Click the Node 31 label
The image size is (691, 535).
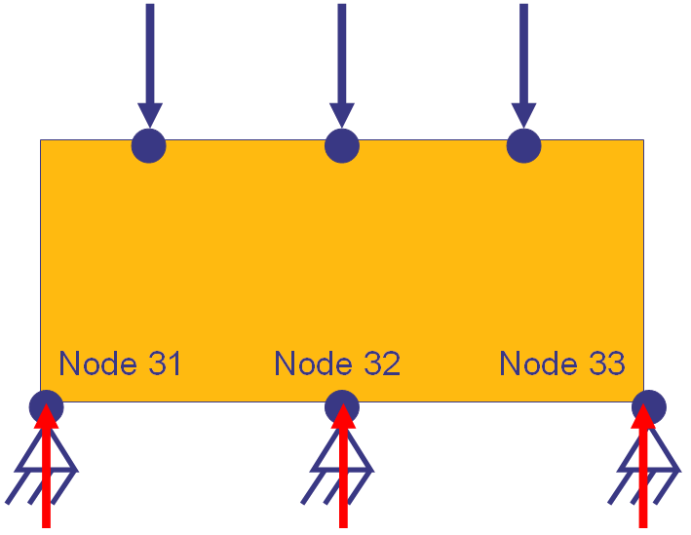click(x=120, y=363)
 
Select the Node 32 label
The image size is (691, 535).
click(x=337, y=363)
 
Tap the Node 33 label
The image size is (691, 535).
click(x=562, y=363)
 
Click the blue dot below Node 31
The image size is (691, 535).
click(x=46, y=405)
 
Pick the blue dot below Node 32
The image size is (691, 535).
click(x=341, y=405)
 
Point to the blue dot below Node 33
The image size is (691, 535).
click(x=648, y=405)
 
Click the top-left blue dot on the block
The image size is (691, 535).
click(x=148, y=145)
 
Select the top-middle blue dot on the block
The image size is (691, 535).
click(x=341, y=145)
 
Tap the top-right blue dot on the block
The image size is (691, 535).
click(x=524, y=145)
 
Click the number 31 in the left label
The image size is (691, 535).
click(x=165, y=363)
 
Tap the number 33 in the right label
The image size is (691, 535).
click(x=607, y=363)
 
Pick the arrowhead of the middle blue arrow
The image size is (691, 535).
click(x=341, y=114)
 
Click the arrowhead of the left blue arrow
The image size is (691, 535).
click(x=149, y=114)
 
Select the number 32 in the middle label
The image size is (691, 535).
click(x=382, y=363)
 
